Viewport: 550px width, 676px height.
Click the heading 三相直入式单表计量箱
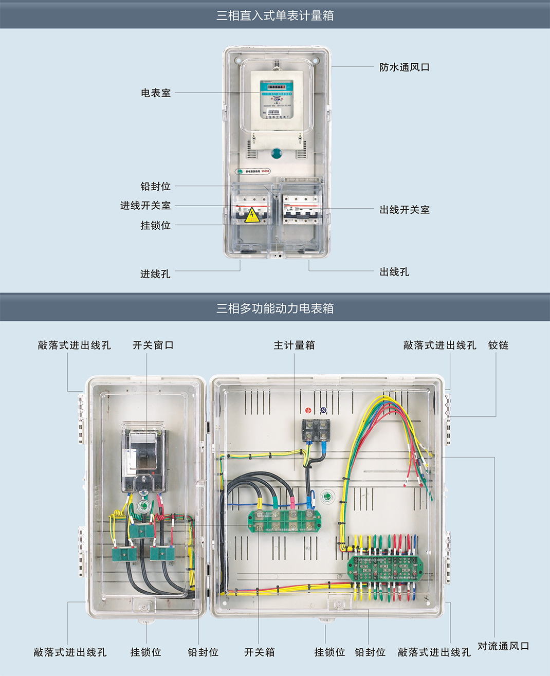click(275, 15)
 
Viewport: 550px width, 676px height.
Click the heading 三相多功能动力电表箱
click(275, 308)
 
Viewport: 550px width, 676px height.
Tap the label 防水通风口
click(404, 67)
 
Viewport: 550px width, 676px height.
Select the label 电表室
click(156, 93)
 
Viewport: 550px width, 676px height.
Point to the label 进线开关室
click(145, 206)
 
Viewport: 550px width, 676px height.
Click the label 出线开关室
click(405, 210)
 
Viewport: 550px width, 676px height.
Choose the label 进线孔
click(155, 274)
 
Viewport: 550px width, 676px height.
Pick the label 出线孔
click(394, 272)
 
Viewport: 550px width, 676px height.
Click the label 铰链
click(498, 345)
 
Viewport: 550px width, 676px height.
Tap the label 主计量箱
click(294, 345)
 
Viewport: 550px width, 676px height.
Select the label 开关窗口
click(153, 345)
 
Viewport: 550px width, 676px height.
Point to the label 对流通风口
click(503, 646)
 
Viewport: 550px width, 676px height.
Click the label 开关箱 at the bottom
click(259, 652)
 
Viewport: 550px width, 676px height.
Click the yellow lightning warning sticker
click(251, 215)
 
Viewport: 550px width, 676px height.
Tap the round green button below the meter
click(277, 153)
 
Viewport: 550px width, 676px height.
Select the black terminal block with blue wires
click(316, 430)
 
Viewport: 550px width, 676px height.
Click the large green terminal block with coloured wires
click(385, 568)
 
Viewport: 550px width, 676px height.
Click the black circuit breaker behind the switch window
click(143, 452)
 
